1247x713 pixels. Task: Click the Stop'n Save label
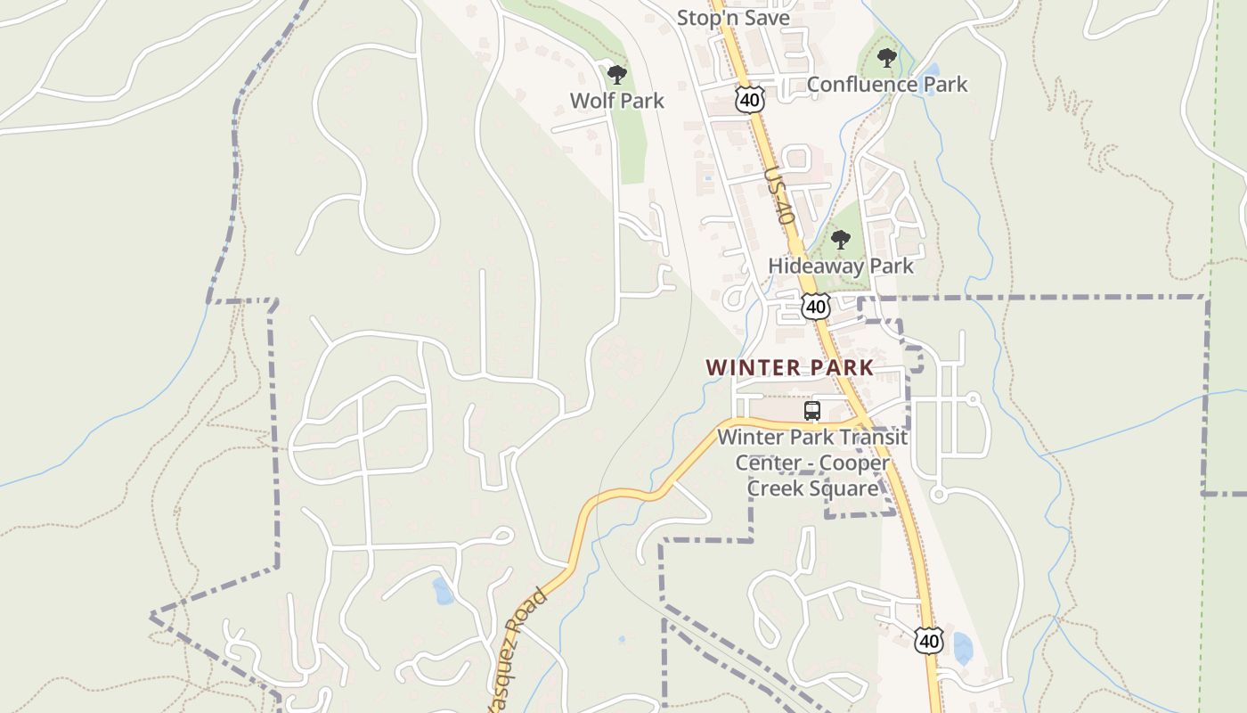pyautogui.click(x=733, y=17)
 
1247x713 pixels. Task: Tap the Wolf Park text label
pyautogui.click(x=617, y=101)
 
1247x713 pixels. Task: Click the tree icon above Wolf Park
pyautogui.click(x=616, y=74)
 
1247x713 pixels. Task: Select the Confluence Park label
pyautogui.click(x=886, y=85)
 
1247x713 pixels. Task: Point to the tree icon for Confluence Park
pyautogui.click(x=886, y=59)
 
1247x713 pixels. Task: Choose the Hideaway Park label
pyautogui.click(x=841, y=266)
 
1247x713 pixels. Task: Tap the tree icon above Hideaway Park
pyautogui.click(x=840, y=240)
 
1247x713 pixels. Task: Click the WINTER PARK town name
pyautogui.click(x=790, y=367)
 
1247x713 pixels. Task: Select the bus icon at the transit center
pyautogui.click(x=812, y=411)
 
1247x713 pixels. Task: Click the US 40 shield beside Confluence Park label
pyautogui.click(x=750, y=99)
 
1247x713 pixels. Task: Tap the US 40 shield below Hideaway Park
pyautogui.click(x=815, y=306)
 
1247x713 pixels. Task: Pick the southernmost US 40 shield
pyautogui.click(x=928, y=640)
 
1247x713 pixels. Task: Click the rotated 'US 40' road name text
pyautogui.click(x=778, y=195)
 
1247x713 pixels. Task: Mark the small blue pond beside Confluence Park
pyautogui.click(x=930, y=70)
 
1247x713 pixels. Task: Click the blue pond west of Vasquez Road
pyautogui.click(x=442, y=591)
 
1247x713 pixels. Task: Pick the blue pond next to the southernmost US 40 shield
pyautogui.click(x=962, y=648)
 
